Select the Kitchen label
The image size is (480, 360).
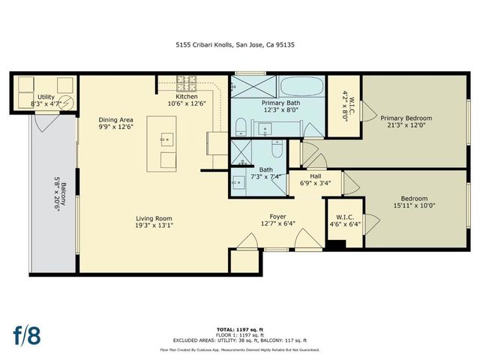pyautogui.click(x=187, y=97)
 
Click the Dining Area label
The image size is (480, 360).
pyautogui.click(x=116, y=119)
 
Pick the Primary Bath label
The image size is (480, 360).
pyautogui.click(x=279, y=102)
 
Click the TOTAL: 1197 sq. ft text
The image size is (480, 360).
pyautogui.click(x=239, y=328)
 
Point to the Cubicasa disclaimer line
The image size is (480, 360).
pyautogui.click(x=239, y=349)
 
